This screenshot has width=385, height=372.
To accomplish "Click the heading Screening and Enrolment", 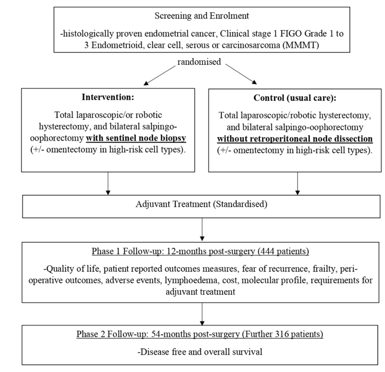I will [201, 16].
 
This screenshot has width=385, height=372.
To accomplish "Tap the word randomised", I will [199, 62].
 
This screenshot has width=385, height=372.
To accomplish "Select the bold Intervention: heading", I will [108, 97].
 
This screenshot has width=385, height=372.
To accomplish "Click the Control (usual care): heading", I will [295, 98].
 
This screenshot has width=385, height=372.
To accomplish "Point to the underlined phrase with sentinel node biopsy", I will [136, 138].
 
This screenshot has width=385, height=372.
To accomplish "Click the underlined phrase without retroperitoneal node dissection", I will [295, 139].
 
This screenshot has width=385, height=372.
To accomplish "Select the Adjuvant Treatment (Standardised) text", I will [201, 204].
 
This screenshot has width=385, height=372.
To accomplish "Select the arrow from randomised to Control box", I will [241, 74].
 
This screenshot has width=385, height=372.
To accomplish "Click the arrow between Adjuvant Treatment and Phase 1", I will [202, 230].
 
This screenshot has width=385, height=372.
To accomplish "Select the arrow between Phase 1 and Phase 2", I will [202, 314].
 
